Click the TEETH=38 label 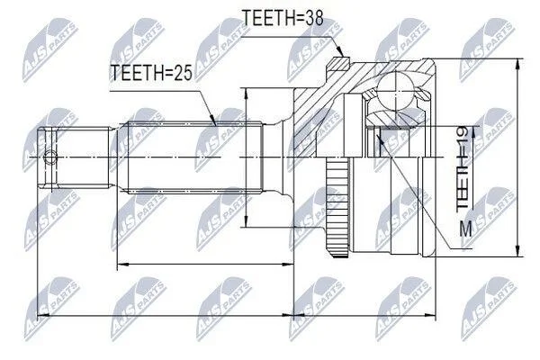[x=283, y=18]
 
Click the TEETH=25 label [x=151, y=73]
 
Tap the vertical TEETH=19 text [x=462, y=168]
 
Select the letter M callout [x=466, y=229]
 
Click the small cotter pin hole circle [x=50, y=158]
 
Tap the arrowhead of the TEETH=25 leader [x=213, y=122]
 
